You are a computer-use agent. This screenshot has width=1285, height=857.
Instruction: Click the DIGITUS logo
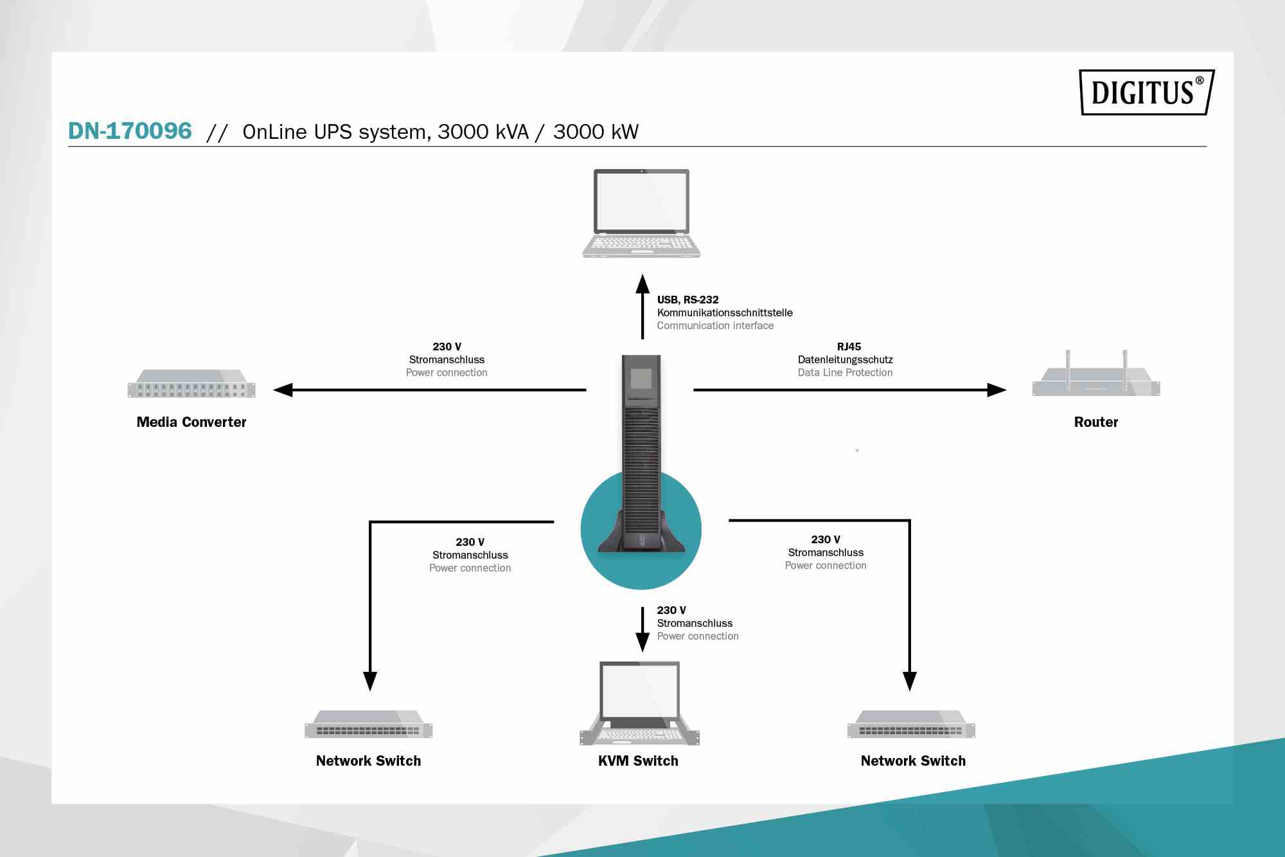coord(1146,92)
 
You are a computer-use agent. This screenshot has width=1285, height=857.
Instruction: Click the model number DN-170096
coord(130,131)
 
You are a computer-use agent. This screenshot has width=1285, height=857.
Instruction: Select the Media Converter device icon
coord(191,384)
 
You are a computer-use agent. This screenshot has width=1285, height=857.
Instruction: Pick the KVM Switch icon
coord(639,703)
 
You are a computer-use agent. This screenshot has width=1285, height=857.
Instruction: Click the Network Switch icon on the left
coord(368,725)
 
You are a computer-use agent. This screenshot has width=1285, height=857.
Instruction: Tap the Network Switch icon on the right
coord(911,725)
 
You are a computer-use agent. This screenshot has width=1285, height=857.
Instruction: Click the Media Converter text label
coord(191,422)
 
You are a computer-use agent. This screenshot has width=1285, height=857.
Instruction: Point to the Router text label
coord(1096,422)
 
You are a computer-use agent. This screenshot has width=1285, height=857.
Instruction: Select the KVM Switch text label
coord(638,761)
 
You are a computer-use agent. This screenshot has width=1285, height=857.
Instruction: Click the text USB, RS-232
coord(687,300)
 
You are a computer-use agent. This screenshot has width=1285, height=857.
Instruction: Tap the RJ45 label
coord(849,347)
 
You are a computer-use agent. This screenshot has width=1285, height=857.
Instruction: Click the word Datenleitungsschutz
coord(845,360)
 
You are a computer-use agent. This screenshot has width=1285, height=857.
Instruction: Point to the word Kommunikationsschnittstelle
coord(725,313)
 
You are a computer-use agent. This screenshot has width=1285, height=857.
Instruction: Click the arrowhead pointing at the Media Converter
coord(283,390)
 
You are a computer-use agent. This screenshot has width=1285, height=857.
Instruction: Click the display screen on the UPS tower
coord(641,379)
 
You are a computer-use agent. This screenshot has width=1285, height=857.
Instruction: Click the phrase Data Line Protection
coord(845,373)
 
